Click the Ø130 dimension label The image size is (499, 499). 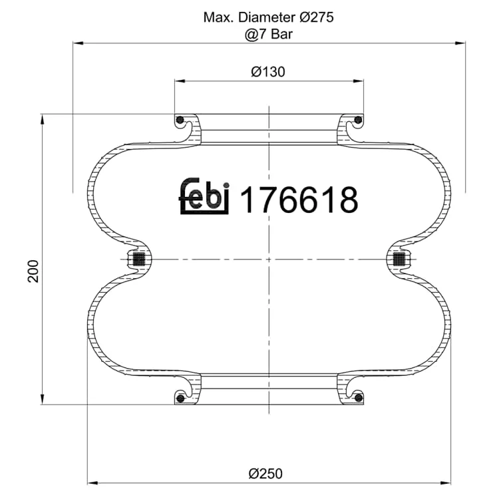(x=268, y=72)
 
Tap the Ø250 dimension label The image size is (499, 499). (x=265, y=474)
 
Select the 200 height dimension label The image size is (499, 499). (x=33, y=271)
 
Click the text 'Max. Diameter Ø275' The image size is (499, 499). (x=269, y=17)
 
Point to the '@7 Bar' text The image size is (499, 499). (x=269, y=34)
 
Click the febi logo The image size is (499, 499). (x=204, y=196)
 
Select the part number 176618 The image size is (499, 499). (x=299, y=200)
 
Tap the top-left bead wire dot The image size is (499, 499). (x=180, y=120)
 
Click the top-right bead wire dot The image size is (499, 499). (x=358, y=120)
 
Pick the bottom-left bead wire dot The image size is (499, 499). (x=180, y=398)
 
